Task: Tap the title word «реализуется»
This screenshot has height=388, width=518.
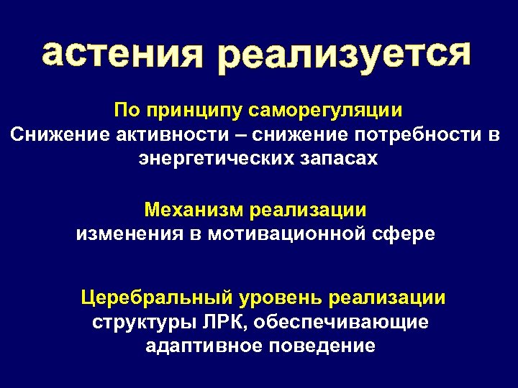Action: point(345,56)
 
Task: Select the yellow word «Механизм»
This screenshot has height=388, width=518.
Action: point(194,210)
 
